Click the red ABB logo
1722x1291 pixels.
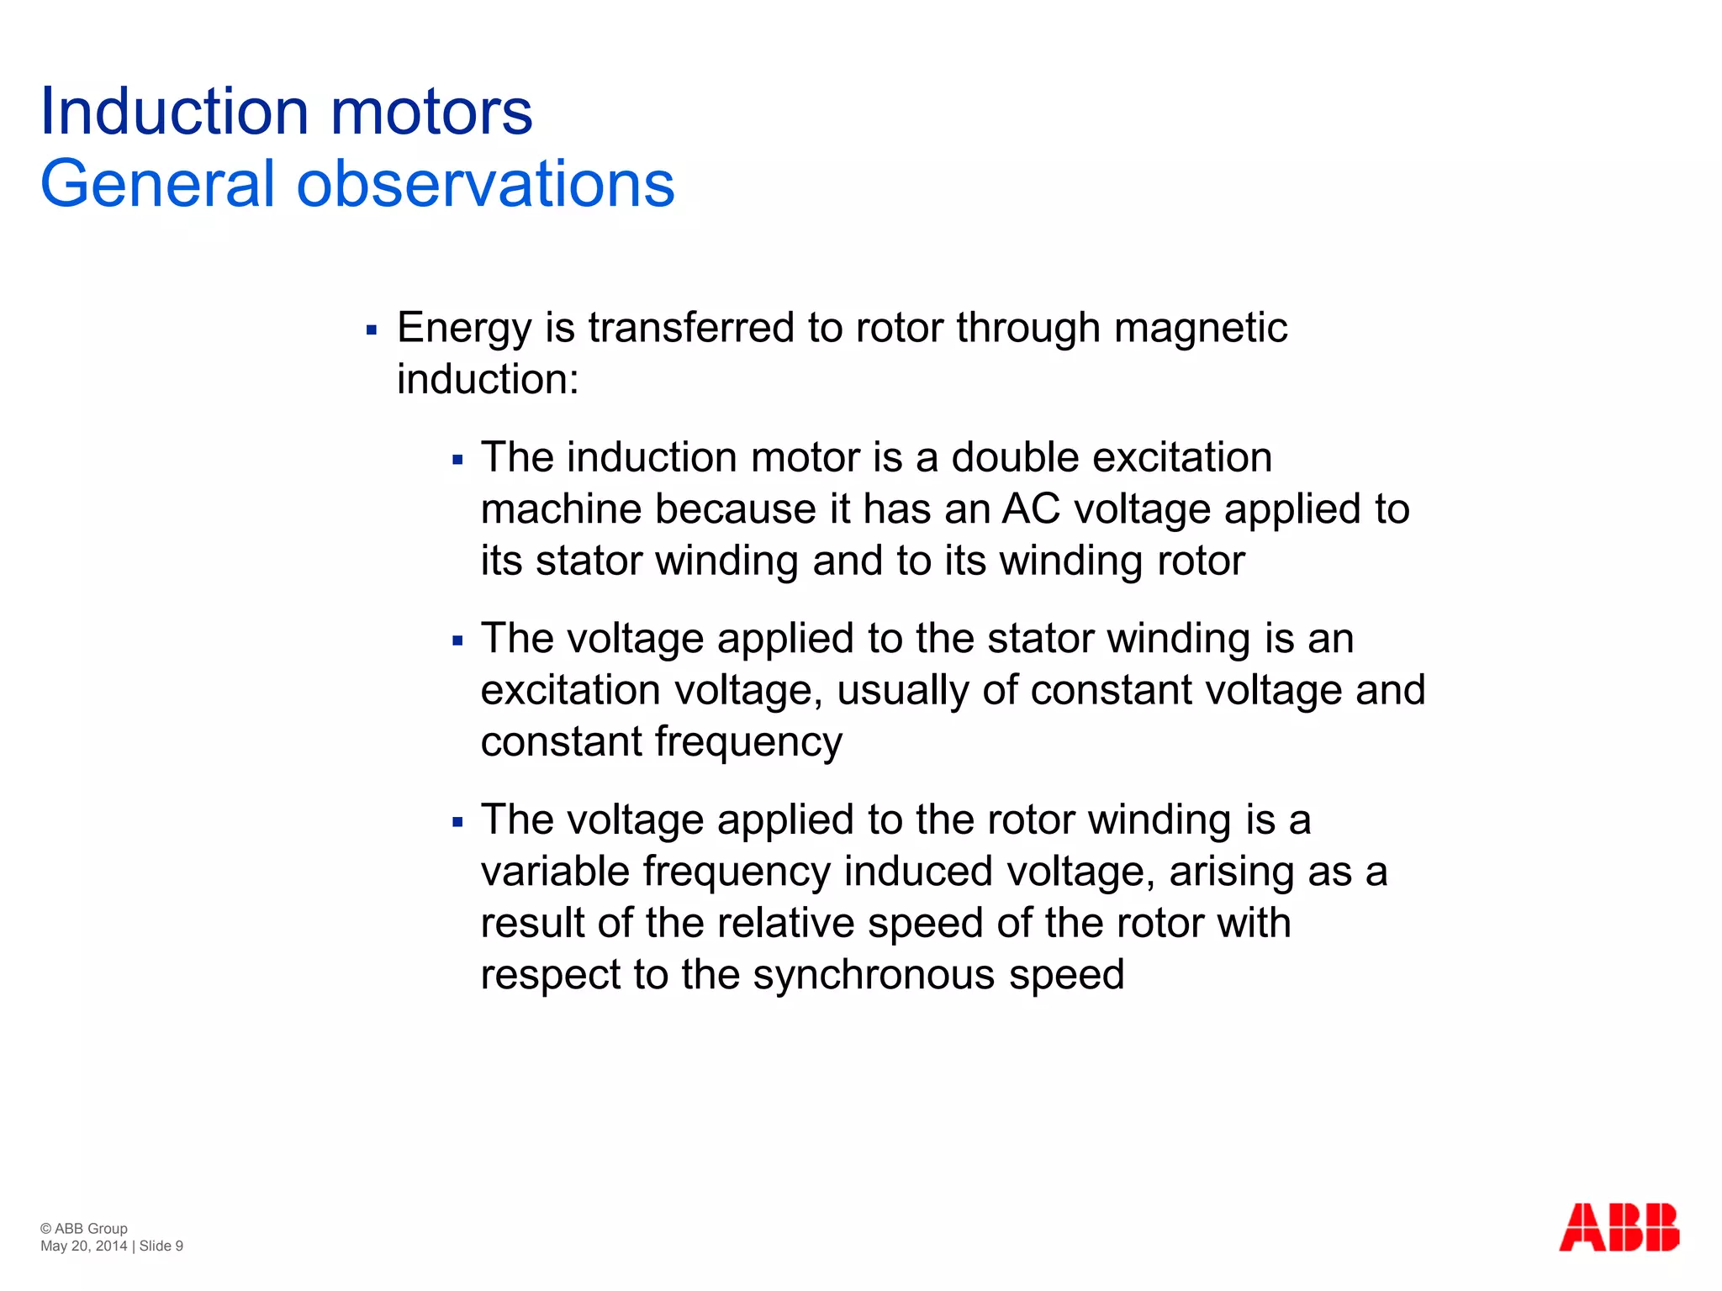[x=1619, y=1228]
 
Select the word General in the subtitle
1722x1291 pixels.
[x=158, y=184]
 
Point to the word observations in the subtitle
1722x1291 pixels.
[x=486, y=184]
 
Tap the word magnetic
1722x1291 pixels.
[x=1201, y=329]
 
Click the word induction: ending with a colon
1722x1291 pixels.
[x=488, y=379]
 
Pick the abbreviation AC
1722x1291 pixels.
[x=1031, y=509]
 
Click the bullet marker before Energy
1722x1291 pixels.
[x=372, y=330]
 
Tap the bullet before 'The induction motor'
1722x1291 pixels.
[x=457, y=461]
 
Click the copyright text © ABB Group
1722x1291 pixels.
[x=84, y=1228]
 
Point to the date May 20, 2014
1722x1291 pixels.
[x=83, y=1246]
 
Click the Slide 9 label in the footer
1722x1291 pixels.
[x=161, y=1246]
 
